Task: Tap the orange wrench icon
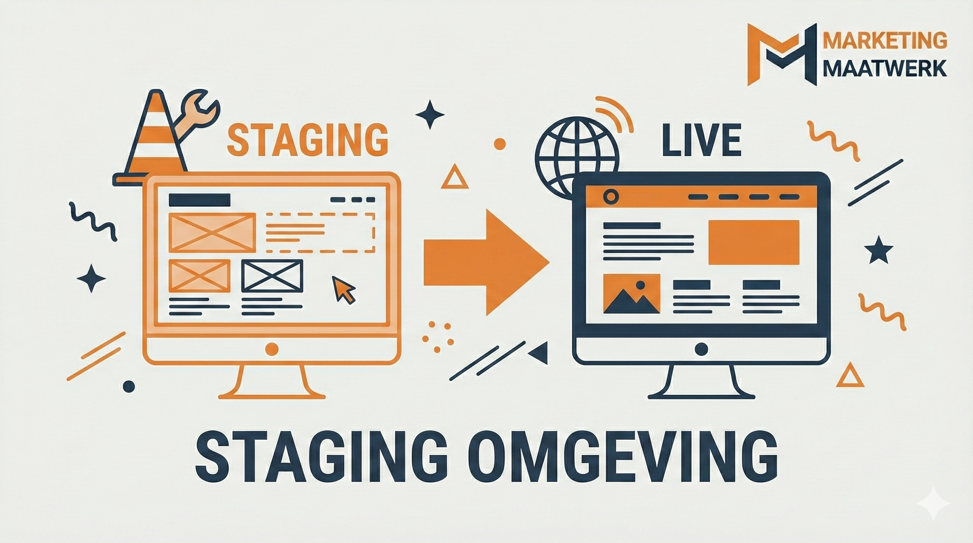[x=197, y=113]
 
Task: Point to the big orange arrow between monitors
[x=486, y=262]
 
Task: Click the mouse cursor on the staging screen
[x=343, y=289]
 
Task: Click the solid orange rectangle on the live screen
[x=753, y=242]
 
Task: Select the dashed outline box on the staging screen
[x=320, y=232]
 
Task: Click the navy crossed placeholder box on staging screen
[x=272, y=275]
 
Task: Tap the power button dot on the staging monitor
[x=272, y=349]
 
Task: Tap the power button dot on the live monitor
[x=701, y=349]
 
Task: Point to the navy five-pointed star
[x=879, y=250]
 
